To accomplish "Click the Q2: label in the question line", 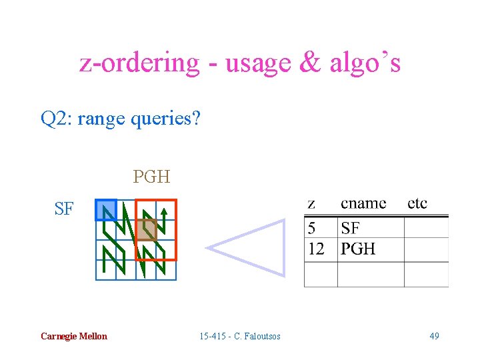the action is click(x=56, y=119).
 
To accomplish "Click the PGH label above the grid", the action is click(x=151, y=177).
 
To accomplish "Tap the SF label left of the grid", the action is click(x=64, y=209).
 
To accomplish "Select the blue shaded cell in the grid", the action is click(x=106, y=210).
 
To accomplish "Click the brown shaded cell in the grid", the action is click(x=147, y=230).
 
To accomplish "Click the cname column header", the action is click(x=363, y=203).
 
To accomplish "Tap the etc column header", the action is click(x=417, y=203).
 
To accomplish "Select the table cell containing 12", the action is click(x=317, y=249).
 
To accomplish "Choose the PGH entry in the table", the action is click(x=358, y=249).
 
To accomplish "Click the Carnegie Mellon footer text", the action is click(x=73, y=336).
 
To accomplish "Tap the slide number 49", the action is click(x=434, y=336).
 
